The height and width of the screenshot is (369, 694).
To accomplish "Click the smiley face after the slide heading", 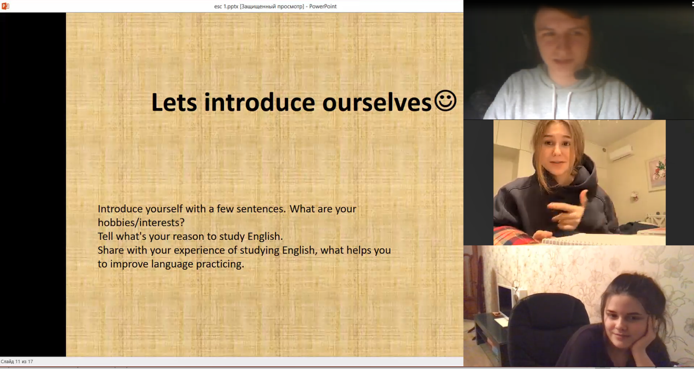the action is click(x=445, y=101).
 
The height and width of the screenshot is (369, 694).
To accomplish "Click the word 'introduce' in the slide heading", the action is click(x=259, y=102).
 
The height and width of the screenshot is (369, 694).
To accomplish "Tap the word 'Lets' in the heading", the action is click(x=174, y=102).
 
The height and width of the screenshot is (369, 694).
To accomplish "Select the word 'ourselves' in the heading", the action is click(x=377, y=103).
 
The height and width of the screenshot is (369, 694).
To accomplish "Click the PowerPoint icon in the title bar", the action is click(x=5, y=6).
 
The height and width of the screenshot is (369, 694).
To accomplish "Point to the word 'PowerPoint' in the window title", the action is click(x=323, y=6).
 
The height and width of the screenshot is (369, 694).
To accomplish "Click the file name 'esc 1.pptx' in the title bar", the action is click(x=226, y=6).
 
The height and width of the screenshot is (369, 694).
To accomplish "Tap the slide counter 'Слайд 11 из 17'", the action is click(x=17, y=362).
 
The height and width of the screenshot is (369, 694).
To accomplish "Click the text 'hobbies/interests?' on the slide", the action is click(x=141, y=222).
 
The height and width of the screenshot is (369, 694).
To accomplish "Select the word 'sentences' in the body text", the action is click(x=259, y=209).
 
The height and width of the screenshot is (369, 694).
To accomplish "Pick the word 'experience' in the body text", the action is click(x=200, y=251).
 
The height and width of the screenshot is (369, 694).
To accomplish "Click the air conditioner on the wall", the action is click(x=621, y=153).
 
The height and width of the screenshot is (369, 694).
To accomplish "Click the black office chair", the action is click(x=548, y=328).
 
